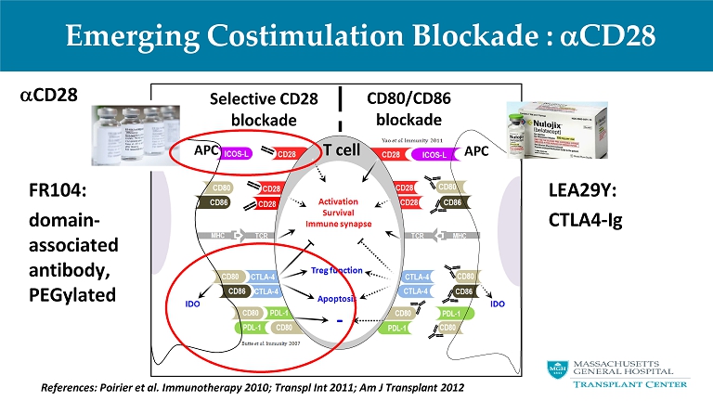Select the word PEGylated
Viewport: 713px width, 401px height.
tap(72, 293)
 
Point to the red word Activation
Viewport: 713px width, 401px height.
tap(339, 200)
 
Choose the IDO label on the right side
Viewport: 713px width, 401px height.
tap(498, 303)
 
